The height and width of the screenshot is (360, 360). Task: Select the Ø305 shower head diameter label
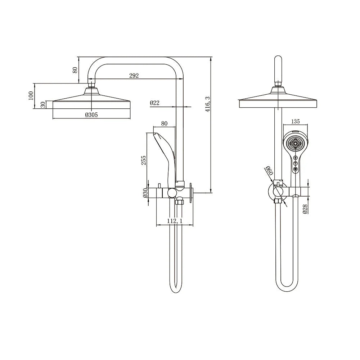pos(91,115)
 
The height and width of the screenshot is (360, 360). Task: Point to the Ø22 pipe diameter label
pos(154,103)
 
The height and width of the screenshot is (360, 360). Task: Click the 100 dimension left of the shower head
pos(31,95)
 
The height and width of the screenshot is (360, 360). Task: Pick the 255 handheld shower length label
pos(144,160)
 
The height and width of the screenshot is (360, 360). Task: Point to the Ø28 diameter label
pos(305,209)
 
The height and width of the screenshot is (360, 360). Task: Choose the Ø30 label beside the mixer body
pos(145,193)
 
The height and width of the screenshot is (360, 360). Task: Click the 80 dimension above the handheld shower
pos(164,123)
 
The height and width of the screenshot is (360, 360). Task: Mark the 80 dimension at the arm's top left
pos(75,70)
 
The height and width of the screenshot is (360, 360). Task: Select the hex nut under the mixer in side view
pos(179,202)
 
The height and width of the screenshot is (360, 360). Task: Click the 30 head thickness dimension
pos(43,104)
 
